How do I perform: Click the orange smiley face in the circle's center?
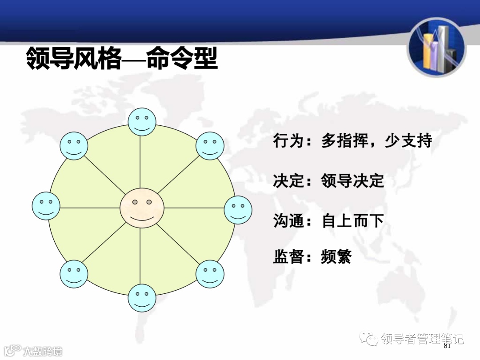click(142, 208)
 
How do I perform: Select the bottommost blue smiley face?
click(142, 298)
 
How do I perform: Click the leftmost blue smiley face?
click(46, 206)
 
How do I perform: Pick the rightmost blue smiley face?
click(238, 210)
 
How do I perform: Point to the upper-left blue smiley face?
click(74, 146)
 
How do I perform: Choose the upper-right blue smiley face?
click(210, 146)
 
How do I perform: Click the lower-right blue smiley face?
click(210, 274)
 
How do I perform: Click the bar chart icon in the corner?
click(436, 48)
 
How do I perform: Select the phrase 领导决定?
click(352, 181)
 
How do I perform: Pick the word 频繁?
click(336, 257)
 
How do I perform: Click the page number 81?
click(447, 346)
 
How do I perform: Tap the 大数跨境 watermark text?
click(43, 351)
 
